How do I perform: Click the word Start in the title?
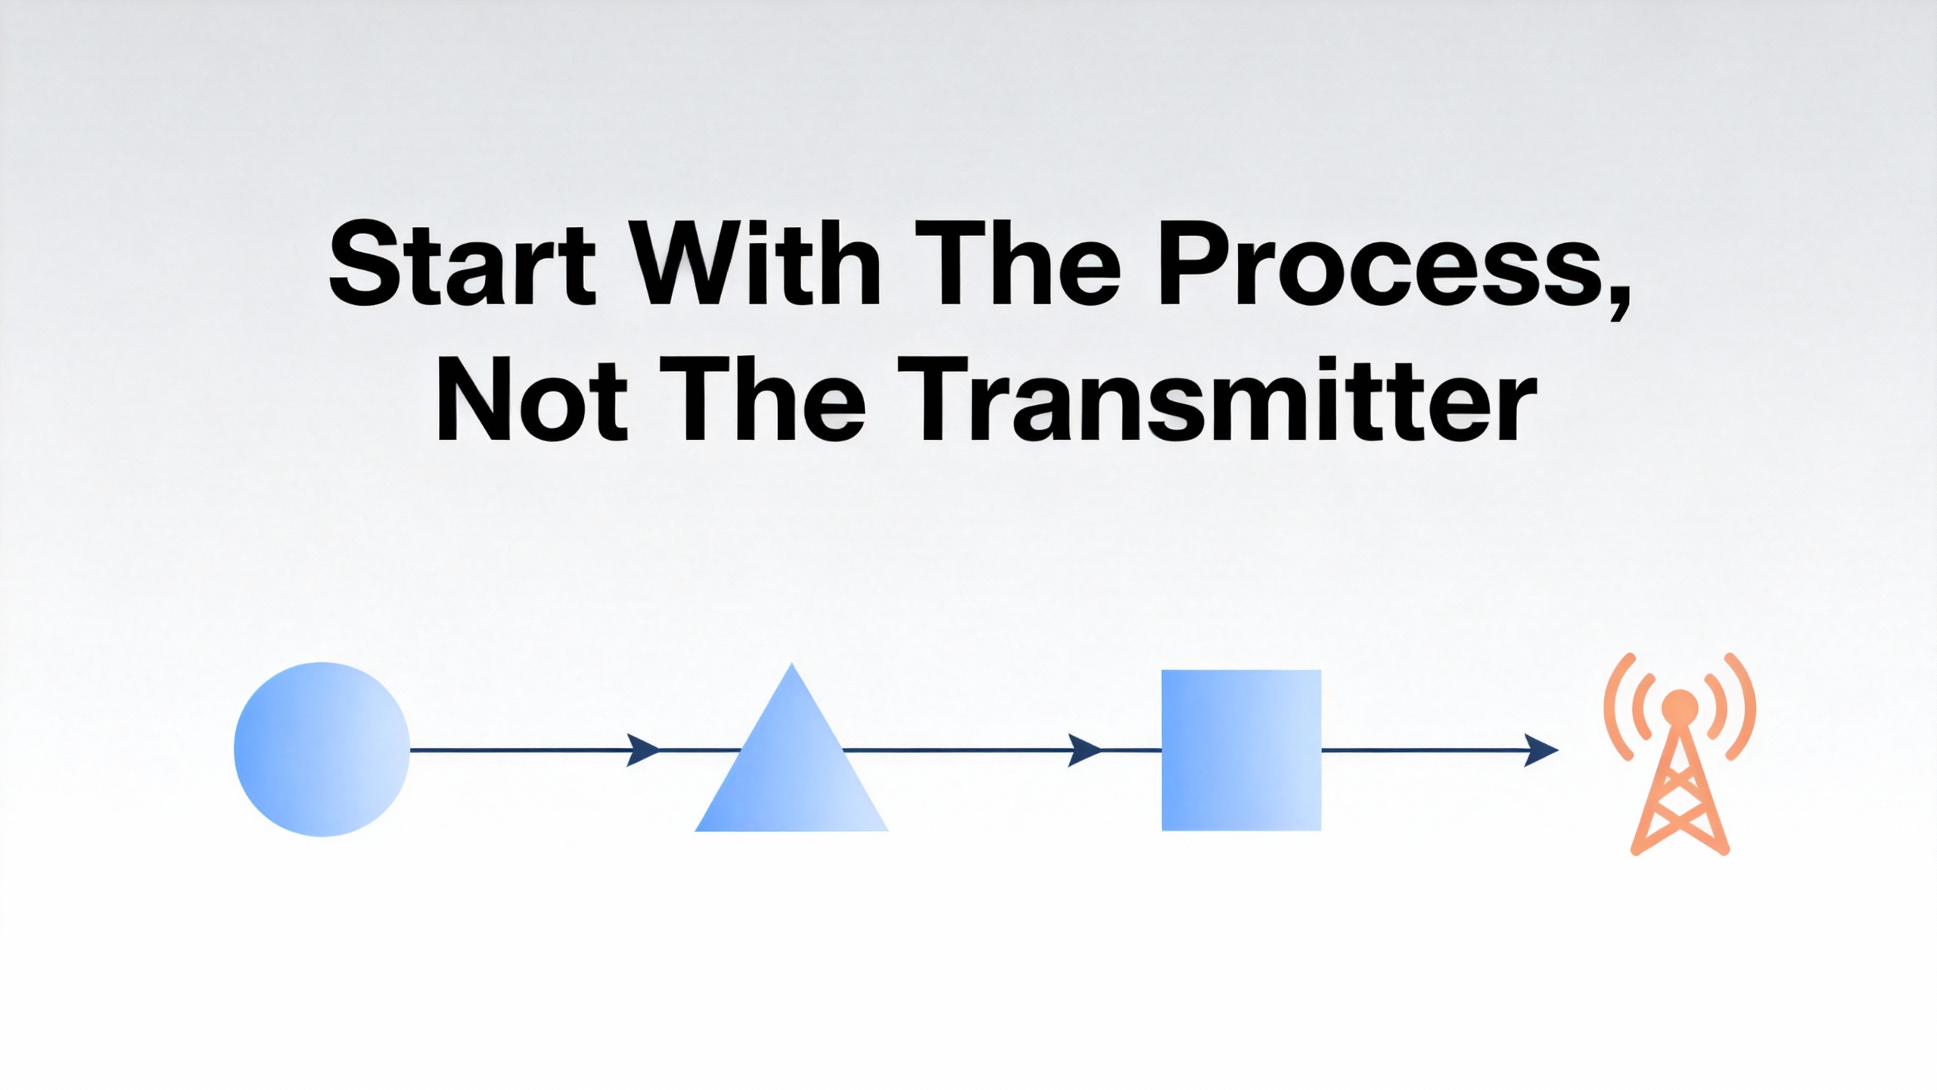[x=462, y=264]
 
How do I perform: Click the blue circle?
[x=322, y=749]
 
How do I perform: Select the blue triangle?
[x=791, y=772]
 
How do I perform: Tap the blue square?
[x=1242, y=750]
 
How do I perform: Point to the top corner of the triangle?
[x=791, y=665]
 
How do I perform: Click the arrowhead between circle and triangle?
[x=643, y=749]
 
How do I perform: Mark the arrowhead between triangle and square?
[x=1084, y=749]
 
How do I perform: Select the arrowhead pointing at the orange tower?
[x=1541, y=749]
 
